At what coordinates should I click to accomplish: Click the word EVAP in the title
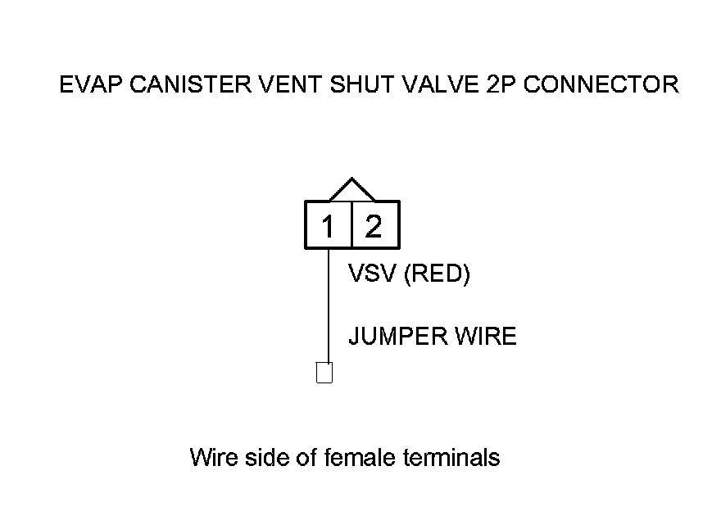coord(86,84)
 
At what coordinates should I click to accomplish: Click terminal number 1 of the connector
coord(328,225)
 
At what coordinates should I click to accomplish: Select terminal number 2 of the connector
coord(374,225)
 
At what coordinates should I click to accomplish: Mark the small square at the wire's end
coord(324,373)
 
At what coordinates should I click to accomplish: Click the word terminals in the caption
coord(451,456)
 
